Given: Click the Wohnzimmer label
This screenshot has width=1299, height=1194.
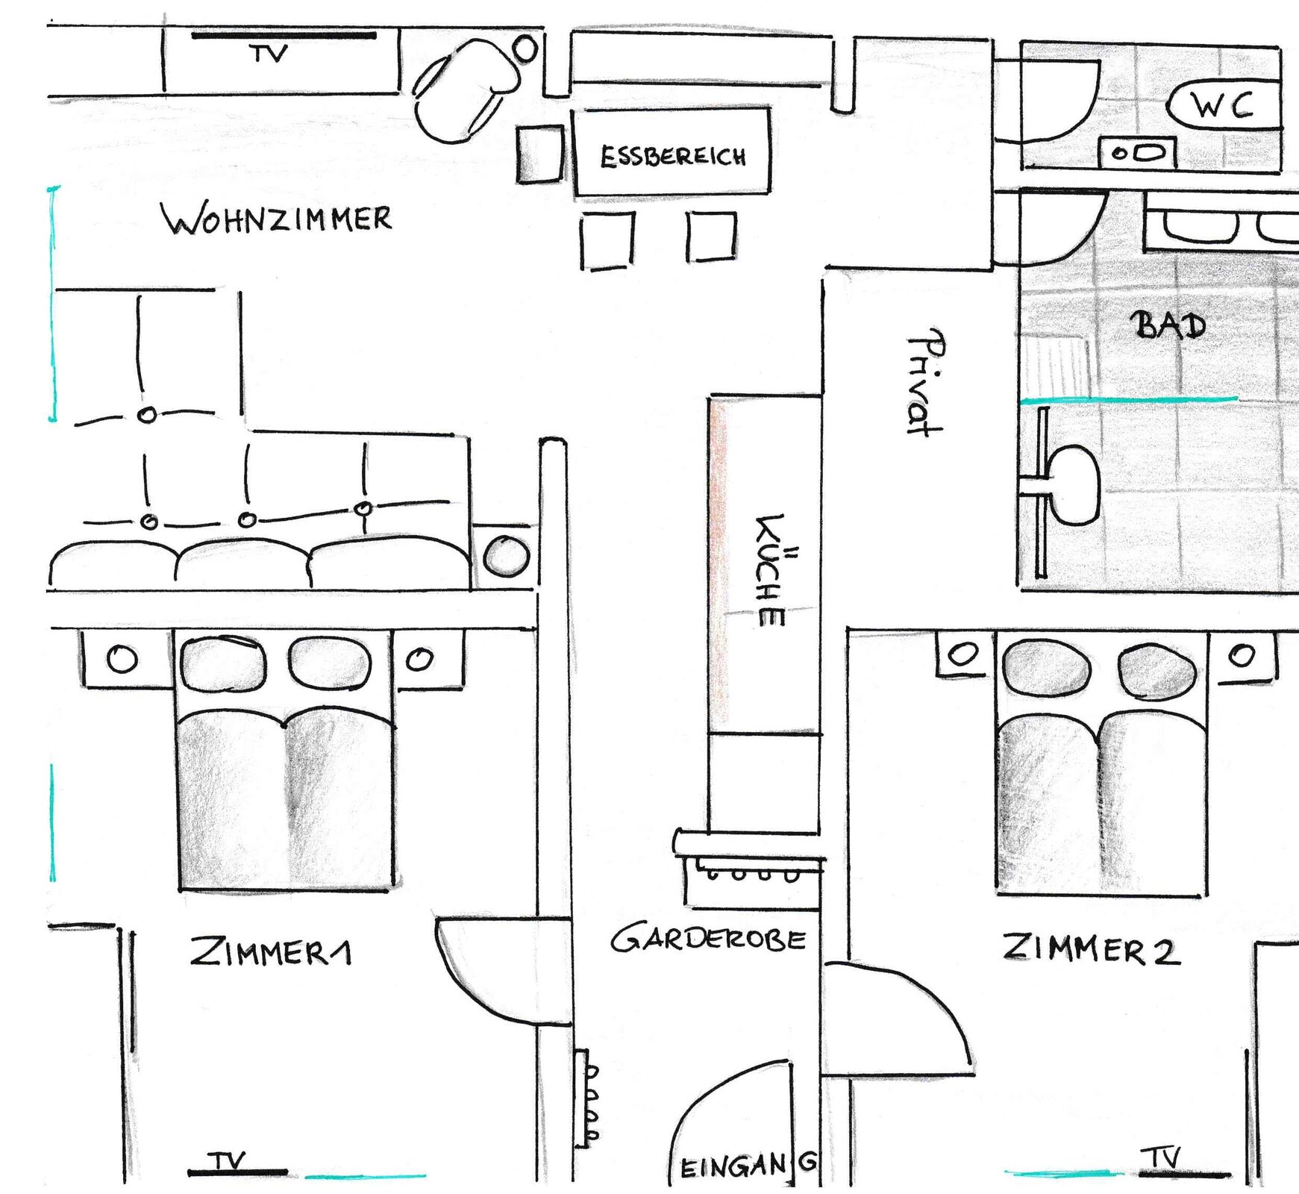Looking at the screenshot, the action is coord(277,219).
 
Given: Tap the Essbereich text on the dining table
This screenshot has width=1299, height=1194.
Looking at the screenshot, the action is coord(673,157).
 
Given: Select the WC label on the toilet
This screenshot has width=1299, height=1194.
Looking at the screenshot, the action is coord(1222,106).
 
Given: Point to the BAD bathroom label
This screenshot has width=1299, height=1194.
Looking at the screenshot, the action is coord(1168,325).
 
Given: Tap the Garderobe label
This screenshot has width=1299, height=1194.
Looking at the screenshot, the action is coord(708,938).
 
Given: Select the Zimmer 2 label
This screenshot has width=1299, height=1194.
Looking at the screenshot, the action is coord(1091,949).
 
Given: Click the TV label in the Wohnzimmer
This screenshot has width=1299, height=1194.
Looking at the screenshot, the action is coord(269,54).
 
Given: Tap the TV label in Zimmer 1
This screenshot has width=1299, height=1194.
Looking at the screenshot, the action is coord(227,1161).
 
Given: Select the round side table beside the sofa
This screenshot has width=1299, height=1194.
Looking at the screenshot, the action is coord(507,556).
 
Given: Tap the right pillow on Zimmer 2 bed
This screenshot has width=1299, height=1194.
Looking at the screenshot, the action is coord(1156,671).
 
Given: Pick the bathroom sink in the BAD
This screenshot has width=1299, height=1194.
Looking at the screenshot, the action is coord(1073,485).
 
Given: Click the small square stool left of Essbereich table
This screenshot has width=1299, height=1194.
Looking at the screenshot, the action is coord(539,154).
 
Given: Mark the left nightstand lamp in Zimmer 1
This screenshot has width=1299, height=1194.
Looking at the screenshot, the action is coord(122,659).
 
